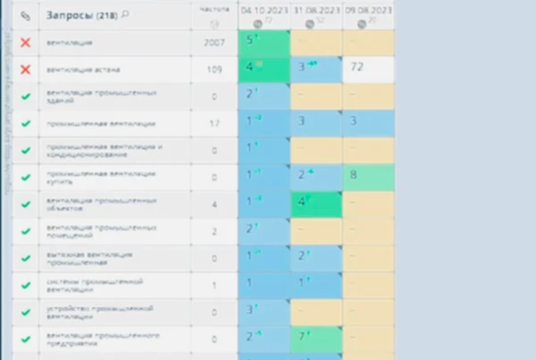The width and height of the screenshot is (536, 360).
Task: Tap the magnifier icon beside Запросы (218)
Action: tap(125, 15)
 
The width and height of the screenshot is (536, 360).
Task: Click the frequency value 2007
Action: tap(214, 43)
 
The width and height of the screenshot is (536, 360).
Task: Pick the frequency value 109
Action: tap(214, 69)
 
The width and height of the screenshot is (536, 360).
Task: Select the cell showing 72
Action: tap(369, 69)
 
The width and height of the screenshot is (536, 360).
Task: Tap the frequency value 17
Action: tap(214, 122)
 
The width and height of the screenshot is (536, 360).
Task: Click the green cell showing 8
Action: tap(369, 175)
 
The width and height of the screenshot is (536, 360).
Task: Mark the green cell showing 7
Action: tap(317, 337)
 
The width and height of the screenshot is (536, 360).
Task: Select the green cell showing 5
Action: tap(265, 42)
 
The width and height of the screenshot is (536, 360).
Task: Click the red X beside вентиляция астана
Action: tap(25, 69)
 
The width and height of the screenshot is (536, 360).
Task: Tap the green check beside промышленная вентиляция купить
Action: tap(25, 176)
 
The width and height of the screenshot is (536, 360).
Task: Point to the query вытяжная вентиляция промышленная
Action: tap(89, 260)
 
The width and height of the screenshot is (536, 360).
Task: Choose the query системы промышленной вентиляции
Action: tap(89, 287)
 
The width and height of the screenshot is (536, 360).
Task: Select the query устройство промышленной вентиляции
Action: tap(89, 312)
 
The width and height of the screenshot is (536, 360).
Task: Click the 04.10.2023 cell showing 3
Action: tap(265, 310)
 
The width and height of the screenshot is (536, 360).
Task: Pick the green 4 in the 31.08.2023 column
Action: tap(317, 203)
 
